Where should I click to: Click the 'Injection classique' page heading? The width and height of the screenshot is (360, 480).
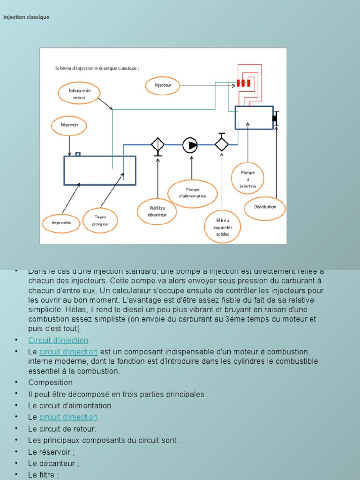tap(26, 17)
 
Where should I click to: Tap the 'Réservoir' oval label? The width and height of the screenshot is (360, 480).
tap(69, 125)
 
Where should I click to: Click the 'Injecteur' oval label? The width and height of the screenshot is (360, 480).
tap(163, 85)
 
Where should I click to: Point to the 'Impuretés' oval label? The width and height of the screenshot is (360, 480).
tap(61, 223)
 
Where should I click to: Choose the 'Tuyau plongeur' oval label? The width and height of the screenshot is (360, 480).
tap(100, 220)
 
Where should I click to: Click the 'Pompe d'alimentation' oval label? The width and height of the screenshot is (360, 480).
tap(193, 193)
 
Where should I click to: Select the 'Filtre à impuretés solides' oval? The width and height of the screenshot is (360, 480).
tap(223, 227)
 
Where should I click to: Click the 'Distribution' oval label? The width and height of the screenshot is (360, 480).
tap(265, 207)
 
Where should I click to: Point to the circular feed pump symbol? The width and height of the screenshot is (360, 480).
tap(190, 145)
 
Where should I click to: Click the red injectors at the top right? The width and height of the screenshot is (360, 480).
tap(243, 83)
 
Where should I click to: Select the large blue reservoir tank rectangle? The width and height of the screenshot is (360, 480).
tap(100, 170)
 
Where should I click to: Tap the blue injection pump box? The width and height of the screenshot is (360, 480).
tap(254, 117)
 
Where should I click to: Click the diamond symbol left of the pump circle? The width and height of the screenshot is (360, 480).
tap(157, 145)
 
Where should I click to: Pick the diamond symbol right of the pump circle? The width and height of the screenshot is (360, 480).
tap(221, 144)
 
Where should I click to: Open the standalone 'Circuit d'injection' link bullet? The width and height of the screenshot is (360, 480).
tap(58, 340)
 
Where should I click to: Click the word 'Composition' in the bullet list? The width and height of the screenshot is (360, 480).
tap(50, 382)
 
